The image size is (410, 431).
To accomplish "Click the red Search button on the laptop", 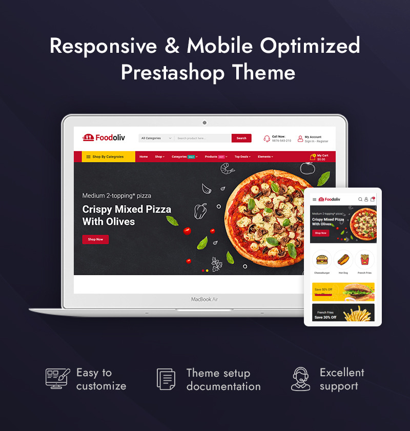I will [x=241, y=138].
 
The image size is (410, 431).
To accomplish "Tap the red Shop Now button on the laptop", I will [x=95, y=239].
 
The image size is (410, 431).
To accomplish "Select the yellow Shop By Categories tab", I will [x=105, y=157].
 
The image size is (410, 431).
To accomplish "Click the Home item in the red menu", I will [x=143, y=157].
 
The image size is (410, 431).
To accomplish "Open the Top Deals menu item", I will [x=242, y=157].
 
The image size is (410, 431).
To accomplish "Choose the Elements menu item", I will [x=265, y=157].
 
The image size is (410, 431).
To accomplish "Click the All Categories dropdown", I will [x=156, y=138].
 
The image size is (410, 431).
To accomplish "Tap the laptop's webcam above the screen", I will [x=204, y=122].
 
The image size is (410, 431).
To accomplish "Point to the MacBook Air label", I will [x=204, y=299].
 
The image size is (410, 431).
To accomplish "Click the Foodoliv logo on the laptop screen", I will [x=104, y=137].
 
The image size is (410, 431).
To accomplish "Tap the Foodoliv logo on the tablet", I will [x=329, y=199].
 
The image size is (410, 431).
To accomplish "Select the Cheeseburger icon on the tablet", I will [x=322, y=259].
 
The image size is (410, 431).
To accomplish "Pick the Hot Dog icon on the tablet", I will [x=343, y=259].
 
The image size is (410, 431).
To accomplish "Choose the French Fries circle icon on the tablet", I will [x=365, y=259].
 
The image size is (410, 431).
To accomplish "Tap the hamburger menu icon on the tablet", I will [x=314, y=199].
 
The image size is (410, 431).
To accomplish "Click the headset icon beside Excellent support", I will [x=301, y=379].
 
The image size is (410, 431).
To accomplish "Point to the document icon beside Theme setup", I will [x=166, y=379].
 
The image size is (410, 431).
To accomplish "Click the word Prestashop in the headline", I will [x=171, y=72].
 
